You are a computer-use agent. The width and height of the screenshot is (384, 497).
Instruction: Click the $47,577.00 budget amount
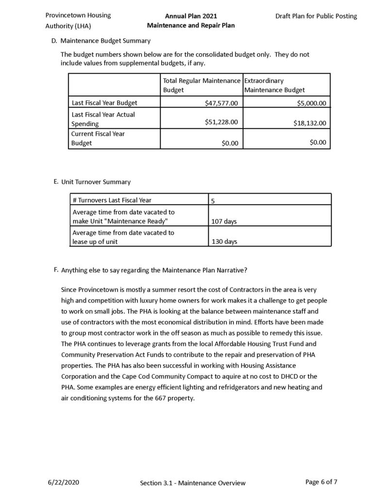(221, 103)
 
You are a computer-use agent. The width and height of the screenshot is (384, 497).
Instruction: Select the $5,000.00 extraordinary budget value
(310, 103)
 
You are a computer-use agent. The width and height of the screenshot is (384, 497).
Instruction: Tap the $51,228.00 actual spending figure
(221, 122)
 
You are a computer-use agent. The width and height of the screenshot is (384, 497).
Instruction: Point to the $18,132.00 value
(310, 123)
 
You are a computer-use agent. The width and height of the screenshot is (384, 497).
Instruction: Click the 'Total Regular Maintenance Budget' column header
(201, 85)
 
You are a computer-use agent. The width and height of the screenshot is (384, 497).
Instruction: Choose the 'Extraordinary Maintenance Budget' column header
(274, 85)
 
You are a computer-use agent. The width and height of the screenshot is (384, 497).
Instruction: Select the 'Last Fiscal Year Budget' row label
(104, 103)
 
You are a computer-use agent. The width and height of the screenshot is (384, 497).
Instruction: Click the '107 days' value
(224, 221)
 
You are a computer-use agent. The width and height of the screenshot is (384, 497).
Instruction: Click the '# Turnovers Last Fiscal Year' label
(112, 200)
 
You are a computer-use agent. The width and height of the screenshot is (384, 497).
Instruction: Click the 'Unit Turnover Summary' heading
(96, 182)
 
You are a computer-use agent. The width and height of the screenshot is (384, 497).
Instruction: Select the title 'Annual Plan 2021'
(191, 16)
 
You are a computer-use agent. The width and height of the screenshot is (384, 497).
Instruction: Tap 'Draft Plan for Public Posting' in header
(316, 16)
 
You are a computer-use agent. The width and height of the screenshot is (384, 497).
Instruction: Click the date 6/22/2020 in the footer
(64, 482)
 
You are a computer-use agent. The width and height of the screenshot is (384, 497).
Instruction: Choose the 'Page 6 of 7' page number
(321, 482)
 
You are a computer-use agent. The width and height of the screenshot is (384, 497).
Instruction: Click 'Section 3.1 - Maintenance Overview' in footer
(193, 483)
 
